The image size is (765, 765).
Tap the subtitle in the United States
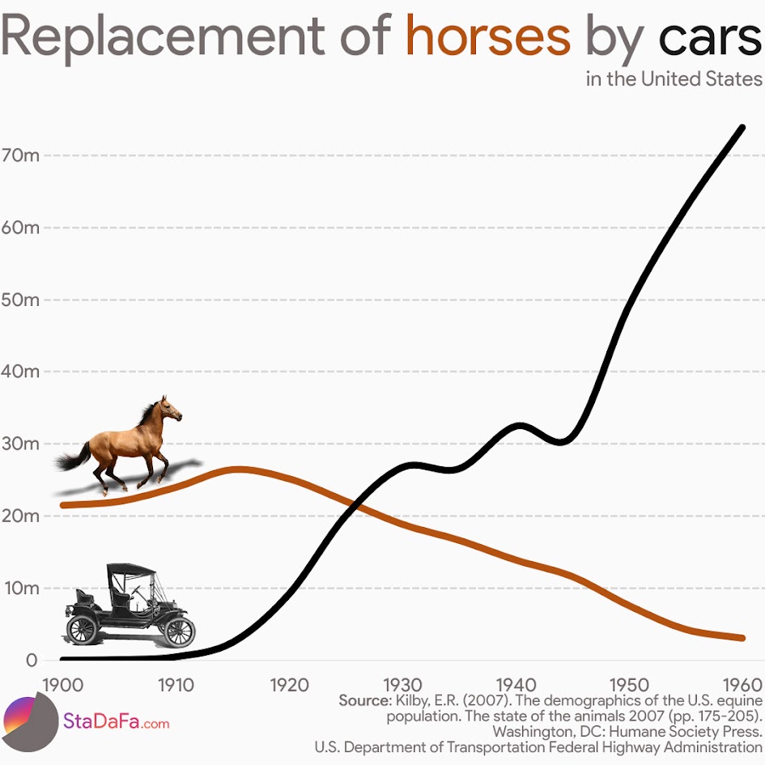point(674,79)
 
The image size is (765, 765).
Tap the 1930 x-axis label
point(403,685)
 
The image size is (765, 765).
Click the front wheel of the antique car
point(179,631)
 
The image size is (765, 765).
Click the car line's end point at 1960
point(742,127)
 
